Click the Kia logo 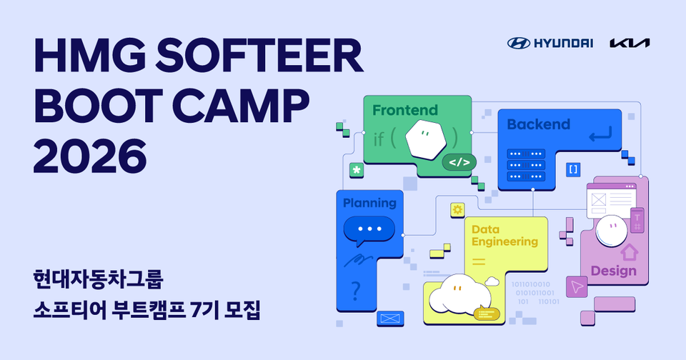pos(630,43)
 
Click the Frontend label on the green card pos(404,111)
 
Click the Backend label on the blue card pos(538,124)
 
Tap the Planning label pos(369,203)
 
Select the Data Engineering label pos(504,236)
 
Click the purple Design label pos(613,271)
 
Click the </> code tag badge pos(459,162)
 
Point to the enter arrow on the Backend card pos(600,134)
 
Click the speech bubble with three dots pos(369,229)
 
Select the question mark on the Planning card pos(356,291)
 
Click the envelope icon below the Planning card pos(389,318)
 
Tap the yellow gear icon pos(457,209)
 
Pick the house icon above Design pos(629,251)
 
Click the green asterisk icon pos(355,170)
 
